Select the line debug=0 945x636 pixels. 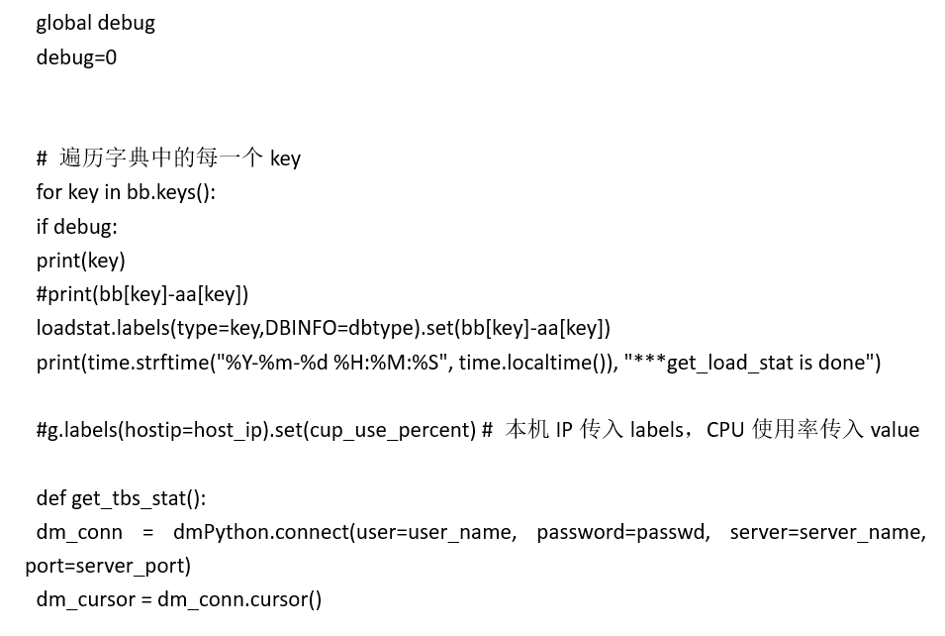point(76,56)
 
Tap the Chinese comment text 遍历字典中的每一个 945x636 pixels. point(161,159)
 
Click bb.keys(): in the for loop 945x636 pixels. point(170,192)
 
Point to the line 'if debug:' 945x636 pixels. point(76,226)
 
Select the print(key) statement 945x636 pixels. point(80,261)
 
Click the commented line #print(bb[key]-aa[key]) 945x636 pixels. point(142,294)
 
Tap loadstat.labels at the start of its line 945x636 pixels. point(91,328)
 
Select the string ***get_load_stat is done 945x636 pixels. point(751,363)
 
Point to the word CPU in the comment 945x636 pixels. point(725,430)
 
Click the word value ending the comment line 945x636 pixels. point(895,430)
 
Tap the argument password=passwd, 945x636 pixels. point(623,532)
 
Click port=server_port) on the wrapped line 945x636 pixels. point(108,566)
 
